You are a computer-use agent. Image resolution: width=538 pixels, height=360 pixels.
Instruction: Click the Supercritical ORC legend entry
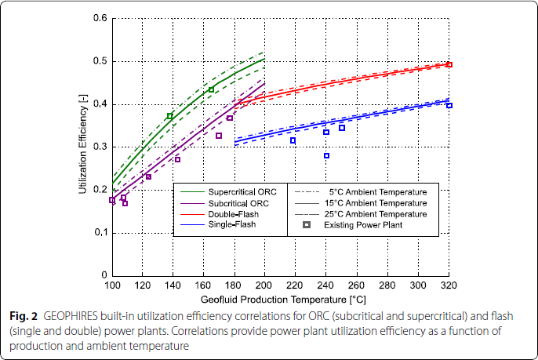[x=236, y=191]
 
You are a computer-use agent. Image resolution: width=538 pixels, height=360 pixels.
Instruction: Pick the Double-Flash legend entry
[x=228, y=213]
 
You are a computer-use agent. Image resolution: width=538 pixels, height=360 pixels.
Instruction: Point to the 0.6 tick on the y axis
[x=101, y=18]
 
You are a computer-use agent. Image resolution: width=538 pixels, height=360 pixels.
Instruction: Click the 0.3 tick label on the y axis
[x=101, y=147]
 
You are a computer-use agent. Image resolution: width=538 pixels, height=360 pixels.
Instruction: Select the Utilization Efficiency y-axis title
[x=83, y=147]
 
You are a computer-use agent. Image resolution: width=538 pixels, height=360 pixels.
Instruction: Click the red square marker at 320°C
[x=449, y=65]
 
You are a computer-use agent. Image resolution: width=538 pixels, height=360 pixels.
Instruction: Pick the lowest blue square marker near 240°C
[x=326, y=155]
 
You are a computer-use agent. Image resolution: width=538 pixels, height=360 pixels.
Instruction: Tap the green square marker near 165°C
[x=211, y=89]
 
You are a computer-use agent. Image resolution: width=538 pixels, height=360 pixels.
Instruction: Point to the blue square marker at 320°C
[x=449, y=105]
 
